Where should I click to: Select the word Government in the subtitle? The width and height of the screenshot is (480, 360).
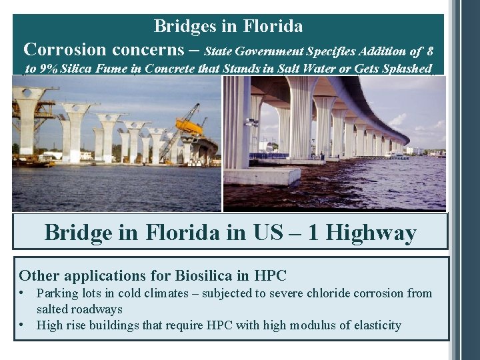(x=267, y=51)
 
